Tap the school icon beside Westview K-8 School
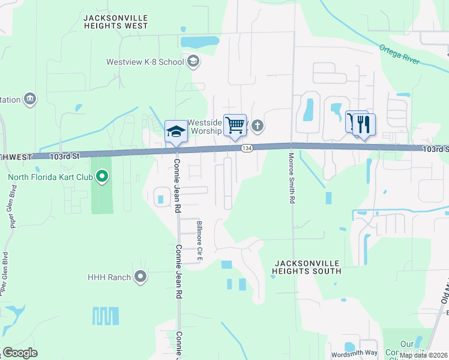click(x=193, y=61)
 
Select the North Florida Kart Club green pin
click(x=102, y=176)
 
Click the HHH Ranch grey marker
click(x=140, y=277)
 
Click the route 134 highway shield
click(x=246, y=148)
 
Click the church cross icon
click(x=258, y=125)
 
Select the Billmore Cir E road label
click(x=200, y=241)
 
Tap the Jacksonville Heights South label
click(x=307, y=267)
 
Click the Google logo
click(x=20, y=353)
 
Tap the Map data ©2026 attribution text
click(x=423, y=355)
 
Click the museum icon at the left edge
click(x=29, y=99)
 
